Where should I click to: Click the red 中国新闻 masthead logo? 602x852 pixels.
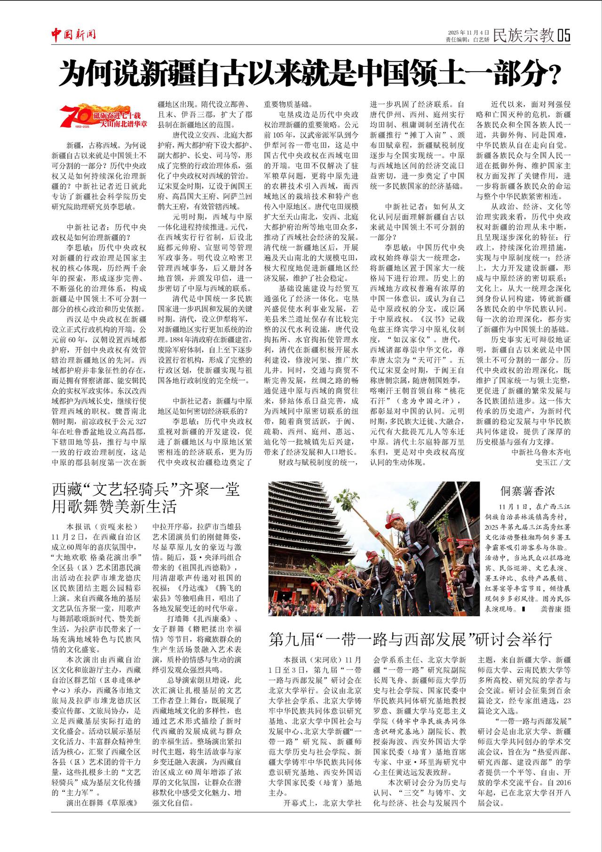74,34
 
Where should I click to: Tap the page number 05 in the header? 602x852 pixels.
564,35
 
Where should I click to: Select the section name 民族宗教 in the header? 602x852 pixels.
523,35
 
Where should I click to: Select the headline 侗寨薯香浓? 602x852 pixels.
527,491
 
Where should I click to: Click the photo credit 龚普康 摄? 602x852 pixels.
554,609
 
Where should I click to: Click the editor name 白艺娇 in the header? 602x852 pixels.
481,40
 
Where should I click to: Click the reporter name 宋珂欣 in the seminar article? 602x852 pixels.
325,660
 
